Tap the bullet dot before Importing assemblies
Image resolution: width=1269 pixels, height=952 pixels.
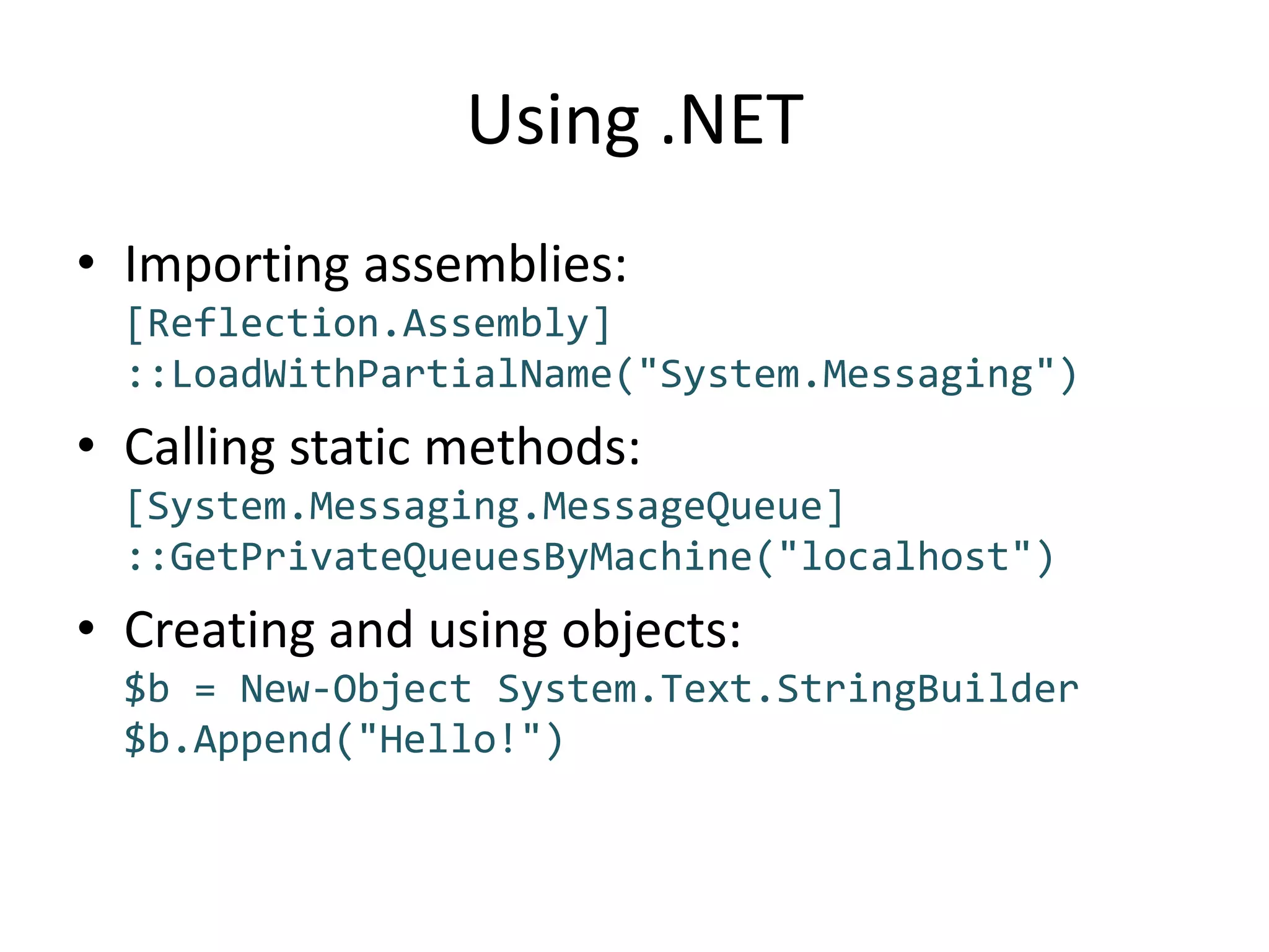86,262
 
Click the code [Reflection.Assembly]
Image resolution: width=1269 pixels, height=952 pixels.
369,324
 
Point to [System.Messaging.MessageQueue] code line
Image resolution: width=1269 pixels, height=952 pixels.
485,506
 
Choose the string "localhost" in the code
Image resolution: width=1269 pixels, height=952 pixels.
905,557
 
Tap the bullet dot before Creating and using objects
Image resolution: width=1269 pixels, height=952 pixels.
86,627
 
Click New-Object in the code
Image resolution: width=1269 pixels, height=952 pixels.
356,689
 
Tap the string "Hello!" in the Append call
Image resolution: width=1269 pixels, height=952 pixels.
449,739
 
